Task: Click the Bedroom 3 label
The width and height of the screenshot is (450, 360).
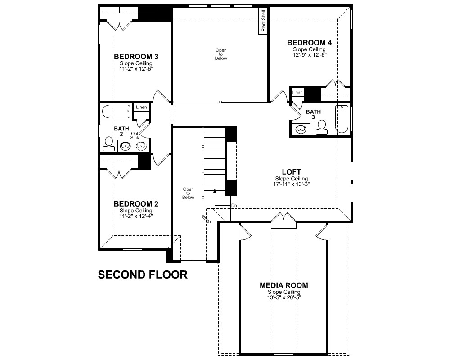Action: [x=136, y=57]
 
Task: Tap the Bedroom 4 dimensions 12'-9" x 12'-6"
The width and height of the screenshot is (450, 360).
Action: [x=310, y=55]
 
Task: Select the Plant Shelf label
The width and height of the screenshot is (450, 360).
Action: [x=263, y=21]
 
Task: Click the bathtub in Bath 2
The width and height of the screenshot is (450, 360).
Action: [x=116, y=112]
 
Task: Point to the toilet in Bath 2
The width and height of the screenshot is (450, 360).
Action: [x=109, y=144]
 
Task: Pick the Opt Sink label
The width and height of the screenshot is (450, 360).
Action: [x=135, y=135]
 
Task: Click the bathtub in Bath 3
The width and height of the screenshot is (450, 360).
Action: [x=342, y=119]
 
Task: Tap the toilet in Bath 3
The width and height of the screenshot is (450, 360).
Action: [x=322, y=127]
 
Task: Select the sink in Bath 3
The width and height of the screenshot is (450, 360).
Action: [x=301, y=129]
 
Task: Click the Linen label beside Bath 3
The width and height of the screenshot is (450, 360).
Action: [x=297, y=92]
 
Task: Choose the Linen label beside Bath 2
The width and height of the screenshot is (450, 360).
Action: [x=141, y=107]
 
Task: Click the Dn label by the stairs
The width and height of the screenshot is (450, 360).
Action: [x=234, y=206]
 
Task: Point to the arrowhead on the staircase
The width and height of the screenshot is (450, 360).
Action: [x=214, y=191]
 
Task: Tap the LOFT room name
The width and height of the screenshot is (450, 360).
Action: [x=291, y=172]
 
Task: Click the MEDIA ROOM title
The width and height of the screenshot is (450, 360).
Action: [x=284, y=285]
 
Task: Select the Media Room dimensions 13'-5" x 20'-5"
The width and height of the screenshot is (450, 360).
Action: [x=284, y=297]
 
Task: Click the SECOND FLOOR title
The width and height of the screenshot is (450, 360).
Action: [x=143, y=275]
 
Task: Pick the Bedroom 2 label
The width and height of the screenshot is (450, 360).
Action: [x=136, y=204]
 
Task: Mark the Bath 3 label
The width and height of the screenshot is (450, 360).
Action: [x=313, y=114]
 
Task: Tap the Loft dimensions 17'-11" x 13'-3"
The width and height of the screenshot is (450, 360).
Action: [x=291, y=184]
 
